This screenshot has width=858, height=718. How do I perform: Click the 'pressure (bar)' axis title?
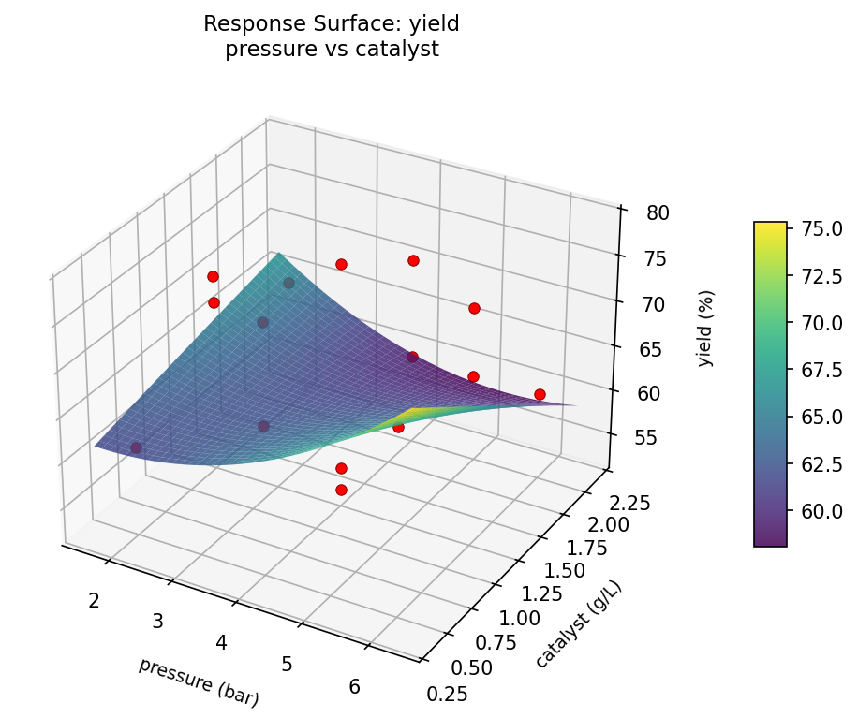199,681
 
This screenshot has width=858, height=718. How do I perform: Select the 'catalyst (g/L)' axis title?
579,624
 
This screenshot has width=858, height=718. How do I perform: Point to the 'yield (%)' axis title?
706,327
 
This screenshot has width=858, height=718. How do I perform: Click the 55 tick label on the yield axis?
645,438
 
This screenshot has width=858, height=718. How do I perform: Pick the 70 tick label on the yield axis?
652,304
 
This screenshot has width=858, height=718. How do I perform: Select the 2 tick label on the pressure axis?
94,600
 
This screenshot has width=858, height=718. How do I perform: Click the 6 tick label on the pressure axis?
354,686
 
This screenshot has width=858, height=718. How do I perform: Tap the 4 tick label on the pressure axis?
222,642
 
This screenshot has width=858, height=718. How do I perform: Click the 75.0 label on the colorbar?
821,228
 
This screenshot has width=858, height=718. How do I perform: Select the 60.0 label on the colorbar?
821,511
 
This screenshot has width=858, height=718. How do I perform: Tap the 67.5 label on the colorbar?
821,370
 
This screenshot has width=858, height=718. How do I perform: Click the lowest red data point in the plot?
341,490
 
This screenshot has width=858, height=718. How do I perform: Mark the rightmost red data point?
540,394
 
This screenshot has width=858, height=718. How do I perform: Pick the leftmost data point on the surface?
136,447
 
